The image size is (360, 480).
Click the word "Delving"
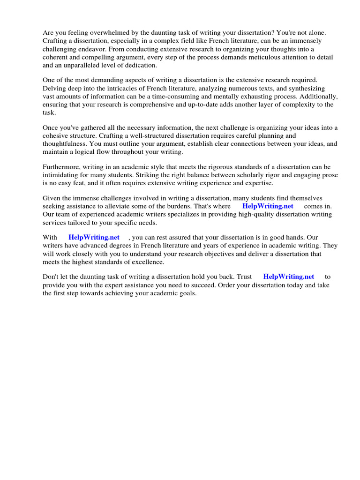click(54, 88)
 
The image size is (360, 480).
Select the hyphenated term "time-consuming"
click(190, 97)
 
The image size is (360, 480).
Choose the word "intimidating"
click(62, 175)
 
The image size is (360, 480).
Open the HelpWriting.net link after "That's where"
click(268, 206)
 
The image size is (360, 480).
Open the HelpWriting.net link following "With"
click(94, 238)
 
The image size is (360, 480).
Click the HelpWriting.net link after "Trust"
click(289, 277)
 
